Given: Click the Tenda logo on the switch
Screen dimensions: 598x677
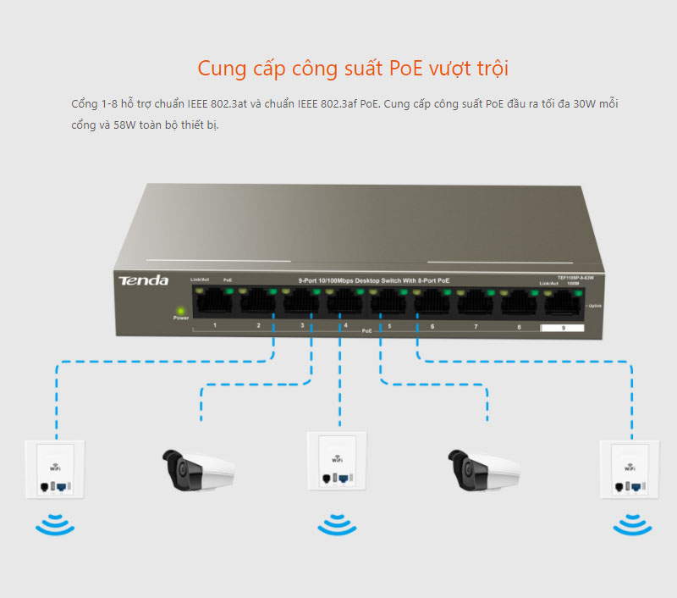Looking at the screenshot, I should point(143,280).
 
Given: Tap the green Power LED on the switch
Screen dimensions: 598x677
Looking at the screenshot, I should point(180,310).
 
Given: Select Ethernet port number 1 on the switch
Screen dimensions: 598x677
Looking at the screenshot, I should point(215,300).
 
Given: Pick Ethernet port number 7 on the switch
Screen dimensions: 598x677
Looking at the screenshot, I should point(476,301).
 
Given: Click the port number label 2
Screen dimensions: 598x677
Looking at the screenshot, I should point(259,326).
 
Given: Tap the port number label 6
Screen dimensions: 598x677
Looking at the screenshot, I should point(432,326).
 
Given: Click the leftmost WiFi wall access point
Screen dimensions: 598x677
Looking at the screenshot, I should point(55,469).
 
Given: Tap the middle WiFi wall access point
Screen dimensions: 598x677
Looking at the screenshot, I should point(338,461).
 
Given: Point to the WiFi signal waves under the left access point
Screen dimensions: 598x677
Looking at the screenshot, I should point(55,524).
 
